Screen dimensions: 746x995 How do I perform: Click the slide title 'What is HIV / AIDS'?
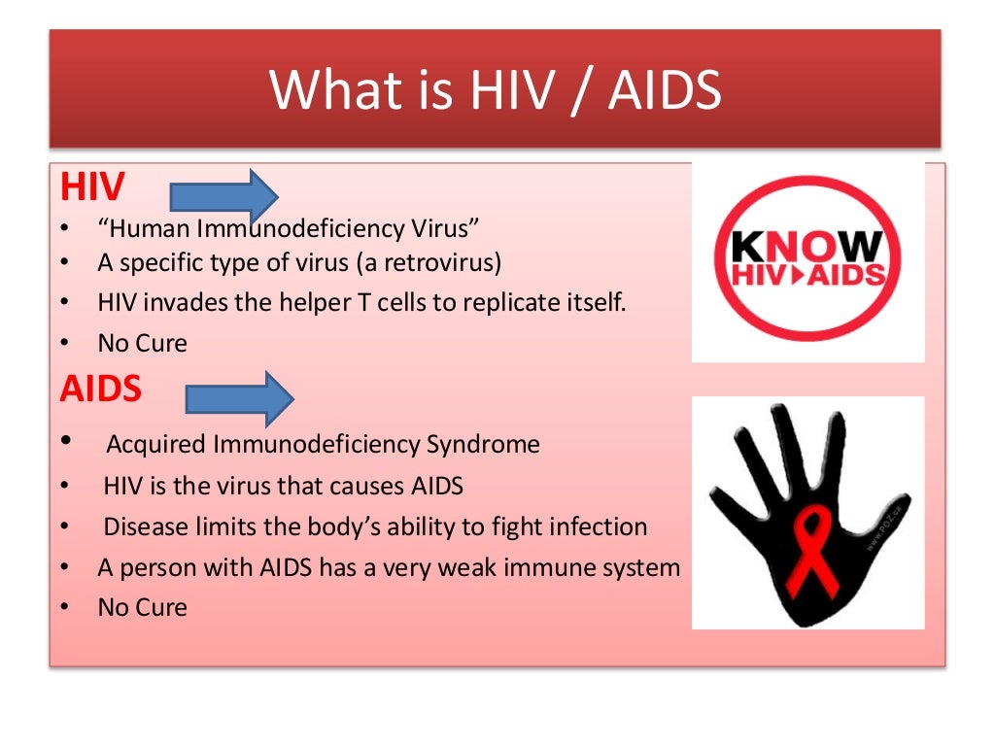click(496, 89)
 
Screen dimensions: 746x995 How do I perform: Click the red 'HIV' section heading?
click(92, 186)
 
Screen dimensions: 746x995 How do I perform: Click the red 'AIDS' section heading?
click(100, 390)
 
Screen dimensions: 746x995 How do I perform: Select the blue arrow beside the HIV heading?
click(224, 196)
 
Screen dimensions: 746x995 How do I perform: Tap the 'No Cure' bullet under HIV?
click(142, 343)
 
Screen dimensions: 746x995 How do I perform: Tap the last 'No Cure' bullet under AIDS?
click(142, 608)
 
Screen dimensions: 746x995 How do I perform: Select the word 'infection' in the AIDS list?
click(597, 527)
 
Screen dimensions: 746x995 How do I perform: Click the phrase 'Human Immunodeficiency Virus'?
click(289, 229)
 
